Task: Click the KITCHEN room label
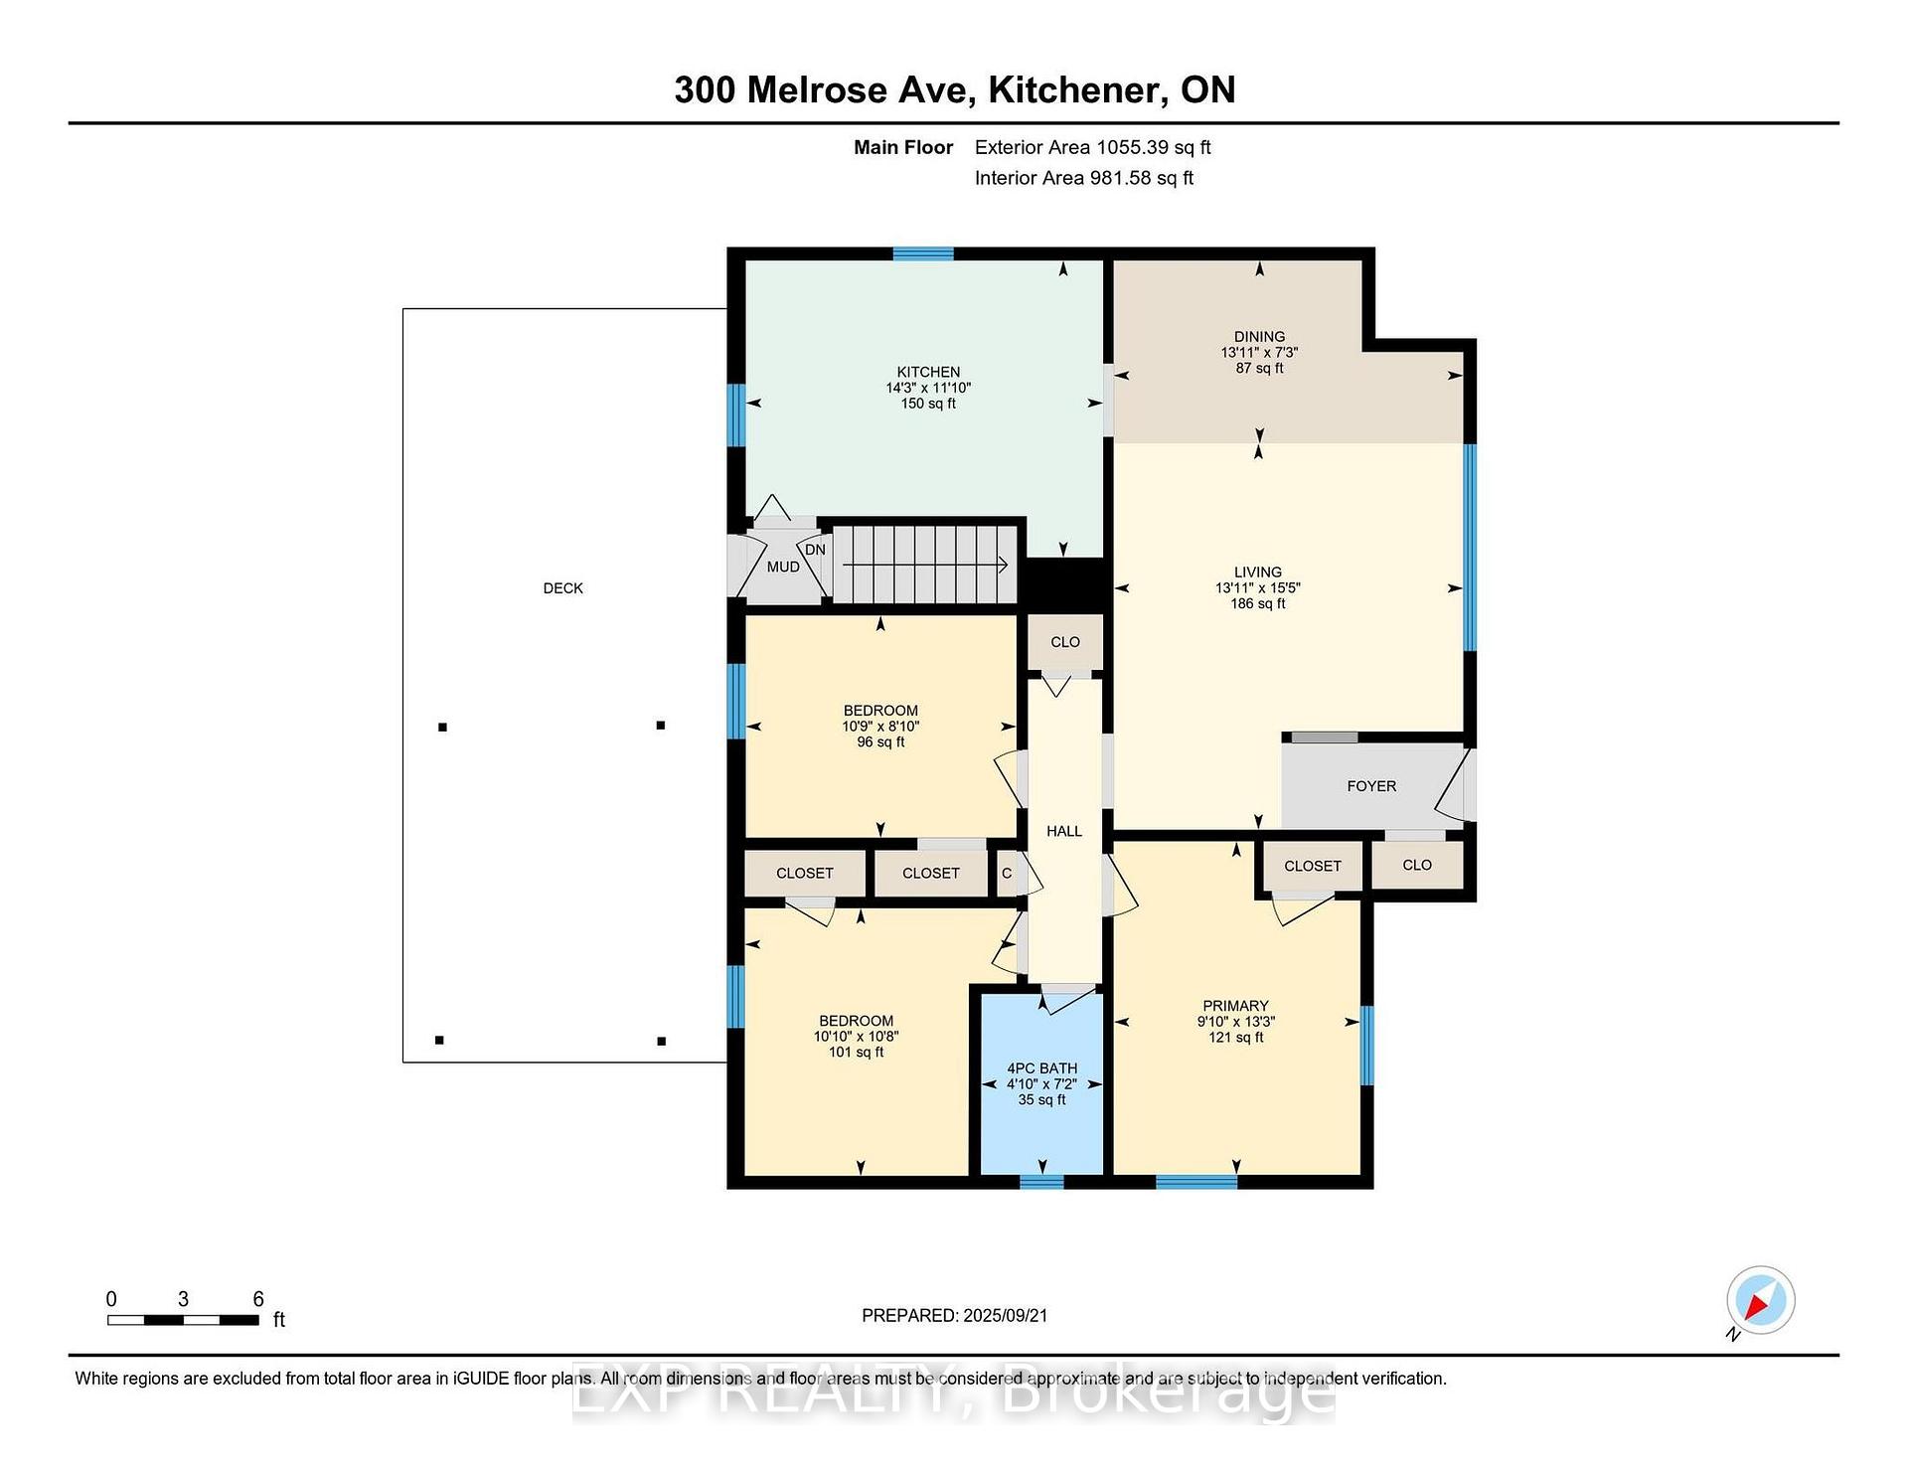point(928,372)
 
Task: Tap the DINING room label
point(1259,337)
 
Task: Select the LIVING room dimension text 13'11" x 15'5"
point(1257,587)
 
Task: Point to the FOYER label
point(1371,786)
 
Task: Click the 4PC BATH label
point(1041,1068)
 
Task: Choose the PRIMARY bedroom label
point(1235,1006)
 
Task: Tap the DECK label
point(562,588)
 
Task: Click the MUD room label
point(783,567)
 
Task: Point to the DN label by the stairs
point(815,550)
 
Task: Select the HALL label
point(1064,831)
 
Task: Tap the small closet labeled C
point(1008,873)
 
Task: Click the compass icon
point(1760,1300)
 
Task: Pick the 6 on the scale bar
point(258,1299)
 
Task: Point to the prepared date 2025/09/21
point(1005,1315)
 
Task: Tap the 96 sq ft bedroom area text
point(880,742)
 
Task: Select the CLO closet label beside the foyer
point(1417,865)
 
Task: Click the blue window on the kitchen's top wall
point(923,253)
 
